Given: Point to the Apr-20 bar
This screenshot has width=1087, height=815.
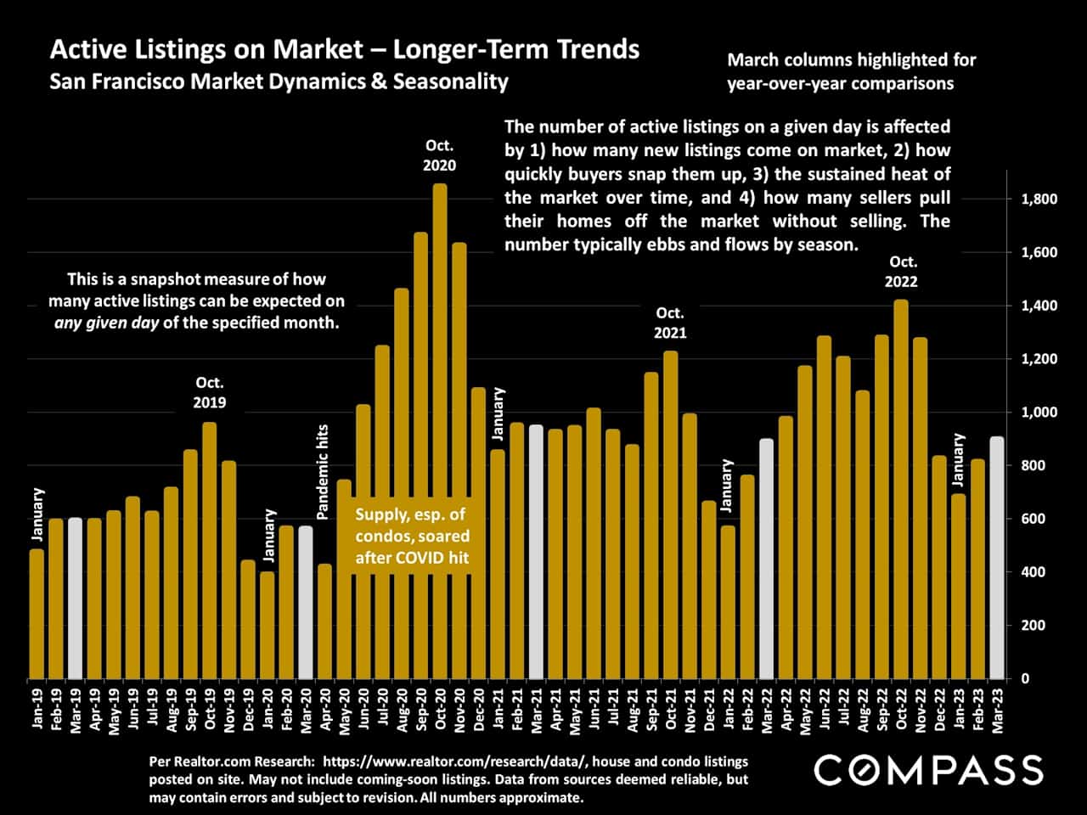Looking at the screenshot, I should click(324, 621).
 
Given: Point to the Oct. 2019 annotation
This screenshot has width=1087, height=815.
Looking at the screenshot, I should click(210, 392).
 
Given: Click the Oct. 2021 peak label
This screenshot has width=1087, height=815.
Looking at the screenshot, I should click(670, 323).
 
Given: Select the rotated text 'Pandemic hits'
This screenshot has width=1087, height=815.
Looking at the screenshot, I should click(323, 472).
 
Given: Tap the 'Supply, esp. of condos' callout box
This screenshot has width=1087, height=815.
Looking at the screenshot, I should click(412, 537).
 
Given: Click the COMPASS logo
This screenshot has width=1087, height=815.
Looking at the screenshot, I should click(928, 770).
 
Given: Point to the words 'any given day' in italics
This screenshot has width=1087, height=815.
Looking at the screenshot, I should click(106, 323).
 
